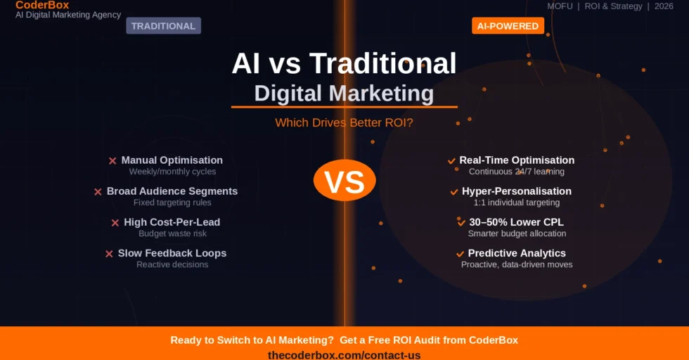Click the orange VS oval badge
(344, 181)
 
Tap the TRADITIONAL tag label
(163, 26)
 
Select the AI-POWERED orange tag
(508, 26)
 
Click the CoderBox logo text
(42, 6)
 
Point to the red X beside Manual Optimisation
(112, 161)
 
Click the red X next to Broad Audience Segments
(98, 192)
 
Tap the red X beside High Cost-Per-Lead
(115, 223)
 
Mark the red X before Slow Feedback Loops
(109, 254)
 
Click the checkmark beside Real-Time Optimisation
(451, 161)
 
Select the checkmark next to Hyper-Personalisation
(454, 192)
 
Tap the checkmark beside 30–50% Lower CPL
(462, 223)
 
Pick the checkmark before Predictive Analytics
(461, 254)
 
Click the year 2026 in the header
(664, 6)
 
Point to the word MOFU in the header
(560, 6)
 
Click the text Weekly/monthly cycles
(172, 172)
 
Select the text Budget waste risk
(172, 233)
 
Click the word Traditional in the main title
(382, 64)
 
